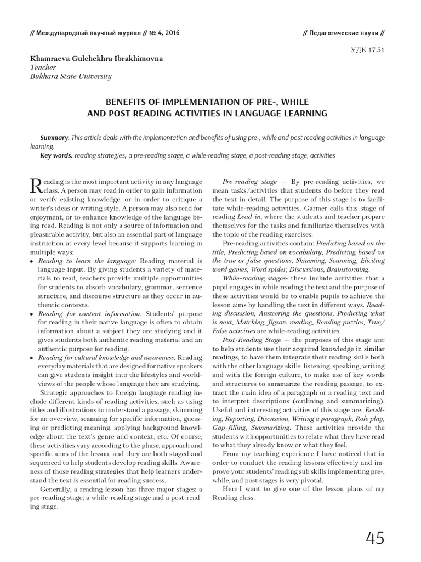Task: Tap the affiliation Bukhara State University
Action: pyautogui.click(x=71, y=76)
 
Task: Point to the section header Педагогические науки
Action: pyautogui.click(x=346, y=32)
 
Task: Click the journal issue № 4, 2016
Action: pyautogui.click(x=163, y=32)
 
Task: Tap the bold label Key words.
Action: pyautogui.click(x=56, y=155)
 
